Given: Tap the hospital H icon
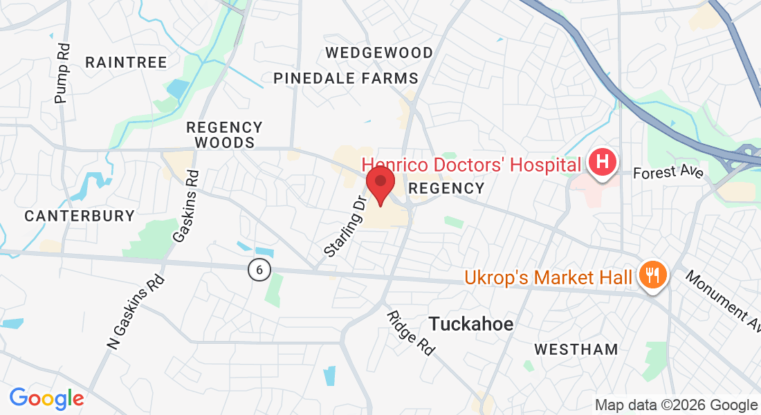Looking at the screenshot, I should tap(602, 164).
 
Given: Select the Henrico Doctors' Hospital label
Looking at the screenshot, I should tap(471, 165).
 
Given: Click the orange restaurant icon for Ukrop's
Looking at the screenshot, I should tap(652, 276).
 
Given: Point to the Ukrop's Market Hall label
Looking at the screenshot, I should tap(548, 277).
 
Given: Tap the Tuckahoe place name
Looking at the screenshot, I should tap(471, 323).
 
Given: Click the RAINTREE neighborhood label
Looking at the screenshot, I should tap(126, 62).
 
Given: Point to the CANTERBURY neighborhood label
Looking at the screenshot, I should tap(80, 216).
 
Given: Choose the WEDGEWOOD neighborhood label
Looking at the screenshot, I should tap(379, 53).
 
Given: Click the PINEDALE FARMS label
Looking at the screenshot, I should tap(346, 78).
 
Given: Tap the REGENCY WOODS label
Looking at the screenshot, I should tap(225, 135).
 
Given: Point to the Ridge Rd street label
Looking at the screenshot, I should tap(411, 333).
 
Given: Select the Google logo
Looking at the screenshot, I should tap(46, 398).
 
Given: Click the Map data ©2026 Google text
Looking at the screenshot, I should tap(677, 405).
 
